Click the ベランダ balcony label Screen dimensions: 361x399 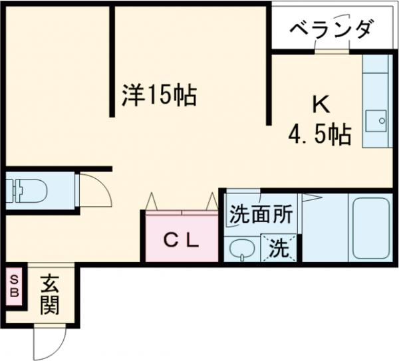pos(331,30)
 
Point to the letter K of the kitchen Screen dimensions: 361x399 pos(321,104)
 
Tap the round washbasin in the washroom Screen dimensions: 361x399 pos(241,249)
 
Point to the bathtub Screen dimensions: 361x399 pos(370,227)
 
